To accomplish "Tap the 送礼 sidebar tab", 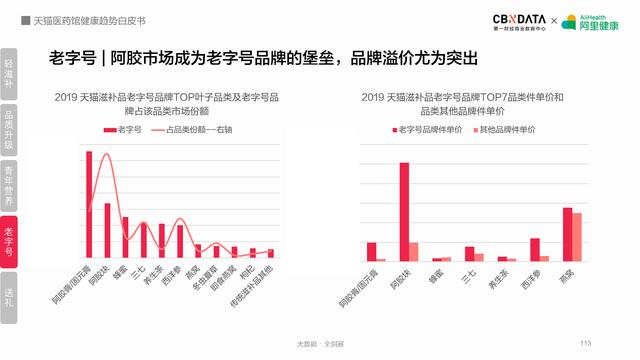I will pos(9,298).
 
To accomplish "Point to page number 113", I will pos(586,343).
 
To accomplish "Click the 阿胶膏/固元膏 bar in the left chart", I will pos(89,205).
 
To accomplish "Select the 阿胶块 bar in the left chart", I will pos(107,231).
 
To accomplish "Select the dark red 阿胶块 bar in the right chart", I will pos(404,211).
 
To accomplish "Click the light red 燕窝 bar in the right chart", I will pos(577,237).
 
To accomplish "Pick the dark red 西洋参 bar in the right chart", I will pos(535,249).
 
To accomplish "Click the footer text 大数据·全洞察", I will pos(320,343).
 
